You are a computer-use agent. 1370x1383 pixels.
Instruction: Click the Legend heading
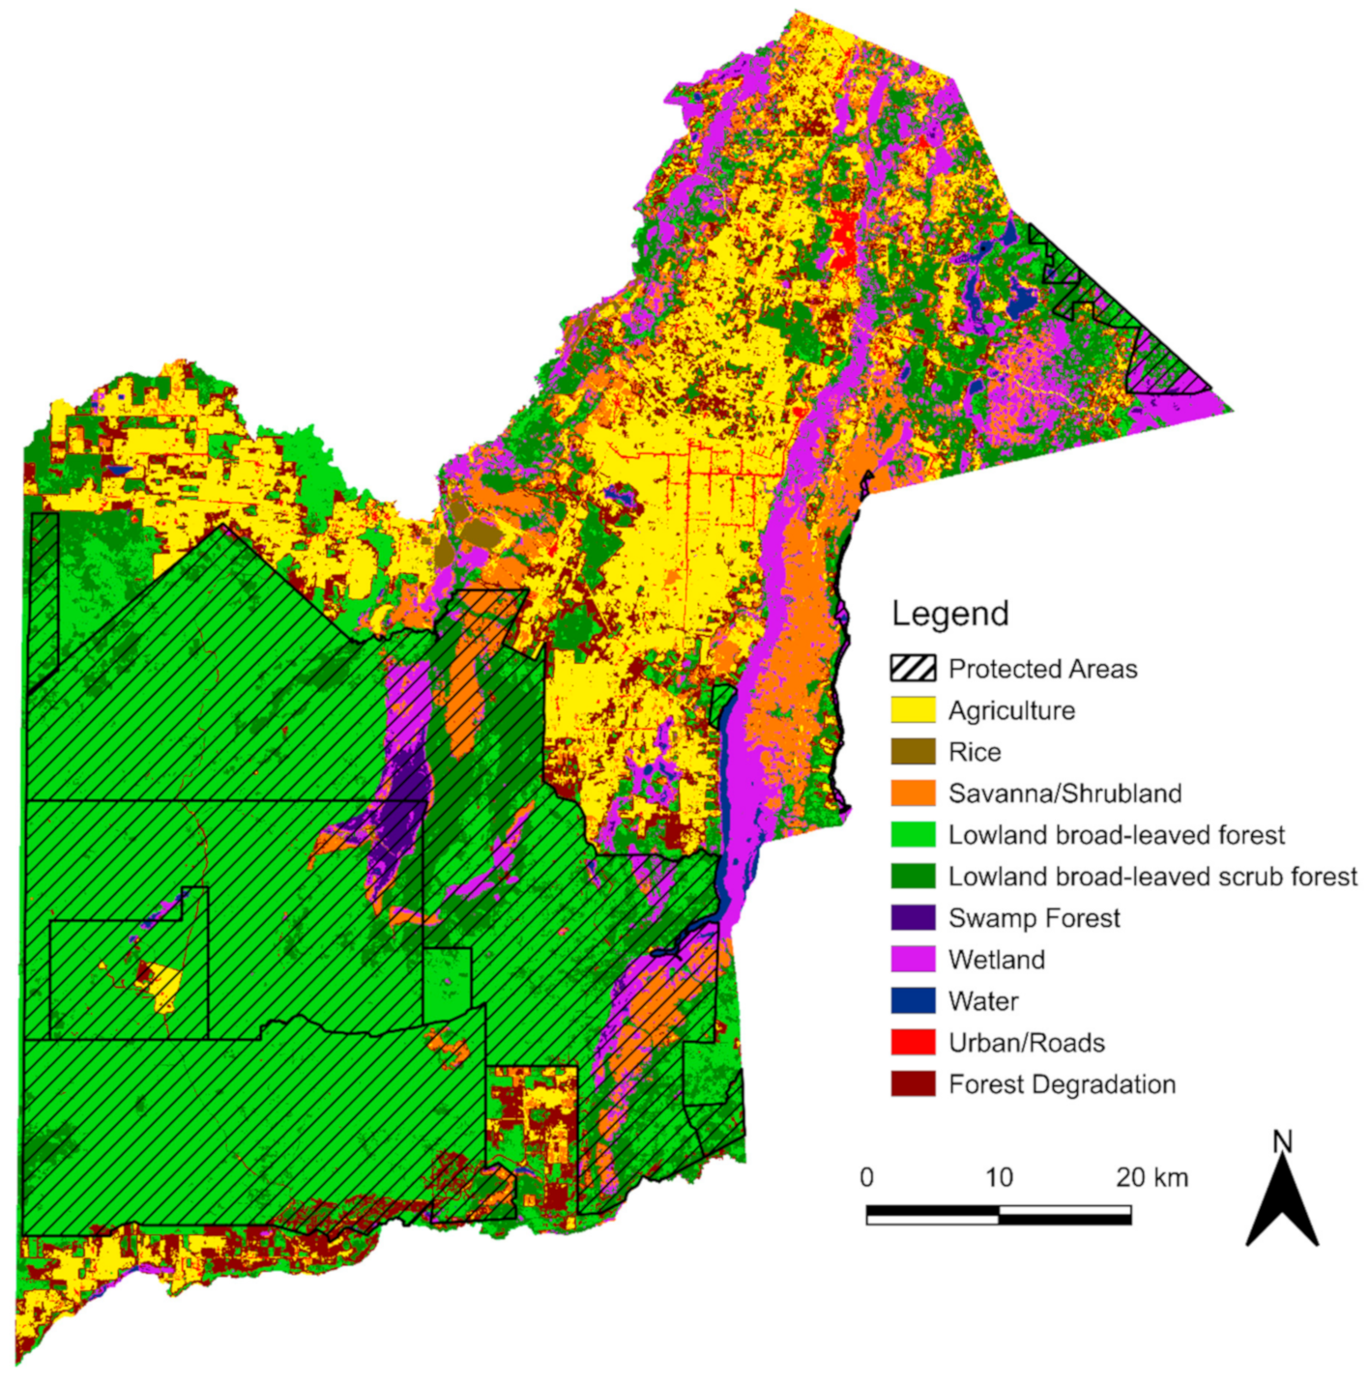pyautogui.click(x=949, y=614)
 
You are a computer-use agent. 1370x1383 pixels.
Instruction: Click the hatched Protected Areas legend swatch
pyautogui.click(x=913, y=669)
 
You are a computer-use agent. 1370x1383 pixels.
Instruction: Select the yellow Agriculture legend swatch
pyautogui.click(x=913, y=710)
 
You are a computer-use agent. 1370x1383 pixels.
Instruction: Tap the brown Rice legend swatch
pyautogui.click(x=913, y=752)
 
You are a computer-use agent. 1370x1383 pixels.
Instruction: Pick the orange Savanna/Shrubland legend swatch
pyautogui.click(x=913, y=793)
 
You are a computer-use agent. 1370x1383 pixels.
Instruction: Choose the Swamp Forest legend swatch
pyautogui.click(x=913, y=918)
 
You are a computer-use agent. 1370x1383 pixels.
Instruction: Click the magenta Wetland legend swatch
pyautogui.click(x=913, y=960)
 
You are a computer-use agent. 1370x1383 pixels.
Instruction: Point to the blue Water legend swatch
pyautogui.click(x=913, y=1001)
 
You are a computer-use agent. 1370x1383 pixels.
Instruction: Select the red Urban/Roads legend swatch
pyautogui.click(x=913, y=1043)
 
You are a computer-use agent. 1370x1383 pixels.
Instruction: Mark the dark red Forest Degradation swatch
pyautogui.click(x=913, y=1084)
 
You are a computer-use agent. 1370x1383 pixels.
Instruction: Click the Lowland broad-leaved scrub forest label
pyautogui.click(x=1152, y=877)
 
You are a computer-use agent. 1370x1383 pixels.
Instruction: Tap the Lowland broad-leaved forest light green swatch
pyautogui.click(x=913, y=835)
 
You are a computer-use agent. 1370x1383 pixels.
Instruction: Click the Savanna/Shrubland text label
pyautogui.click(x=1064, y=793)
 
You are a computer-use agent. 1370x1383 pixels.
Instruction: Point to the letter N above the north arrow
pyautogui.click(x=1282, y=1142)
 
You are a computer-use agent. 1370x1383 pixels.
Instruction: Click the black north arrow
pyautogui.click(x=1282, y=1203)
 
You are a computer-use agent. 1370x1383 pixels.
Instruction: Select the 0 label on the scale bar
pyautogui.click(x=866, y=1177)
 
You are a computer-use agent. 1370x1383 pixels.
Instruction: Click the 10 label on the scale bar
pyautogui.click(x=999, y=1177)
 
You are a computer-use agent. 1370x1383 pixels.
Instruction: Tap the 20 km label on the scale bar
pyautogui.click(x=1151, y=1177)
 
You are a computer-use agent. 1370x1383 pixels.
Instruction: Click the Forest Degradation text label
pyautogui.click(x=1062, y=1084)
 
